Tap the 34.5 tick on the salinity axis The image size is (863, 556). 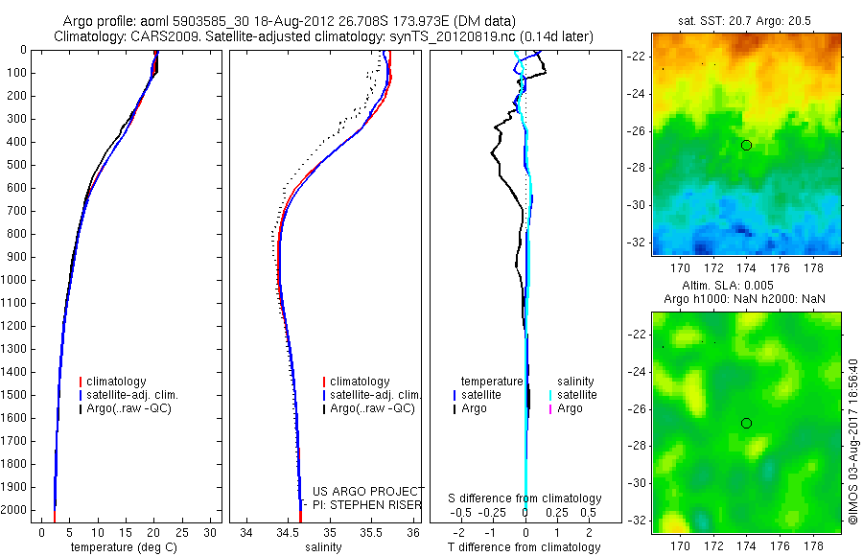[x=289, y=532]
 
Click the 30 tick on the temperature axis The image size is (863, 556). [x=211, y=532]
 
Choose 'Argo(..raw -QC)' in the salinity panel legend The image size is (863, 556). [x=372, y=408]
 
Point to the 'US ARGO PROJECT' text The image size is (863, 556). [x=368, y=492]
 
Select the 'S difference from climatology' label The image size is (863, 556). [x=525, y=498]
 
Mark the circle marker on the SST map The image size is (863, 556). [x=746, y=145]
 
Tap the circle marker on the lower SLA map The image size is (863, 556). [x=746, y=423]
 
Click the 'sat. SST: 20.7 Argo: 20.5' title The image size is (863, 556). [x=746, y=20]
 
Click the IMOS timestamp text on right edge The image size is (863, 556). [x=852, y=442]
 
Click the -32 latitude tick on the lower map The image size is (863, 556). [x=636, y=521]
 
